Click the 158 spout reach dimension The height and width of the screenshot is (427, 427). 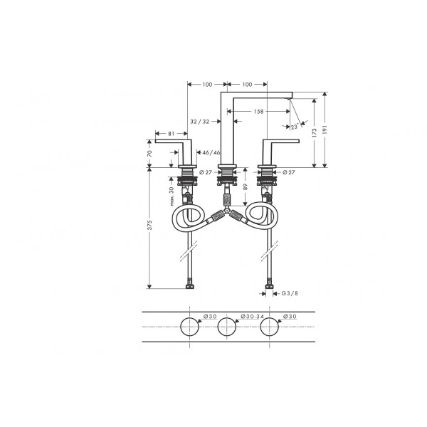pyautogui.click(x=258, y=112)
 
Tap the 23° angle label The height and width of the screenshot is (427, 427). pyautogui.click(x=295, y=127)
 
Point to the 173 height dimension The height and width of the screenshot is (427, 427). pyautogui.click(x=315, y=132)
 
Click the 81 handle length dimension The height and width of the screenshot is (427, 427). pyautogui.click(x=171, y=134)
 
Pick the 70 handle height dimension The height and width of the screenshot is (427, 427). pyautogui.click(x=149, y=153)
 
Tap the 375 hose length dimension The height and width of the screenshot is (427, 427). pyautogui.click(x=149, y=225)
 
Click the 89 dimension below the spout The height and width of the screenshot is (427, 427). pyautogui.click(x=245, y=186)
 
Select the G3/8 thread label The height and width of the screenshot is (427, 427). pyautogui.click(x=290, y=293)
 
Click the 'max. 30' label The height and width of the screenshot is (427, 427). pyautogui.click(x=172, y=196)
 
